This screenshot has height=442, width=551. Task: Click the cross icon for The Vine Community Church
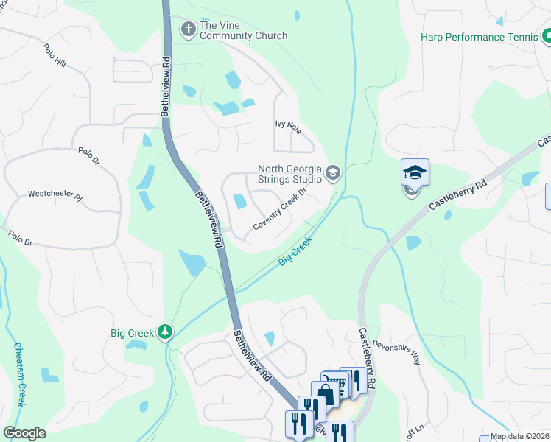[188, 29]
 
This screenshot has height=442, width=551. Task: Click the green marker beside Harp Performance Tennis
[546, 35]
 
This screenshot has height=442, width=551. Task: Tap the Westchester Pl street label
[55, 194]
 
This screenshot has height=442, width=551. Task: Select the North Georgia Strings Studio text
[289, 174]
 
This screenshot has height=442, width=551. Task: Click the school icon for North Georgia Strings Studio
[333, 174]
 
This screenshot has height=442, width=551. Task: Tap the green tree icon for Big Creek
[167, 333]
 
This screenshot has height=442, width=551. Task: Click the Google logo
[24, 433]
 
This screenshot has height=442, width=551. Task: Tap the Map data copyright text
[519, 436]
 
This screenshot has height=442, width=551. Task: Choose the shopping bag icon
[324, 394]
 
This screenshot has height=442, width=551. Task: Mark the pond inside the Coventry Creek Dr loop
[239, 201]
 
